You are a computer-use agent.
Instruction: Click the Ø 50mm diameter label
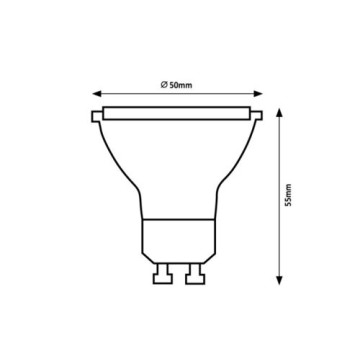point(176,85)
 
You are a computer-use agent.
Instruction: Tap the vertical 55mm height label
point(289,195)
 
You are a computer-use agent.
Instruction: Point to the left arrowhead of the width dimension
point(97,94)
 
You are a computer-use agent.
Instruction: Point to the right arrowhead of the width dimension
point(258,94)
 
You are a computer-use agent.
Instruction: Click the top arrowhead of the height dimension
point(280,113)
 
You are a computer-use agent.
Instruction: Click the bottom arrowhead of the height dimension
point(280,280)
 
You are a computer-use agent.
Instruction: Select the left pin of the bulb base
point(163,274)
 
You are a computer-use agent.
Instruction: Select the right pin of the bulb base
point(195,274)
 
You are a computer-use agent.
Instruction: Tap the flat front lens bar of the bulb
point(177,113)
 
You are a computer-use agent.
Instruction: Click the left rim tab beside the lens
point(97,116)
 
